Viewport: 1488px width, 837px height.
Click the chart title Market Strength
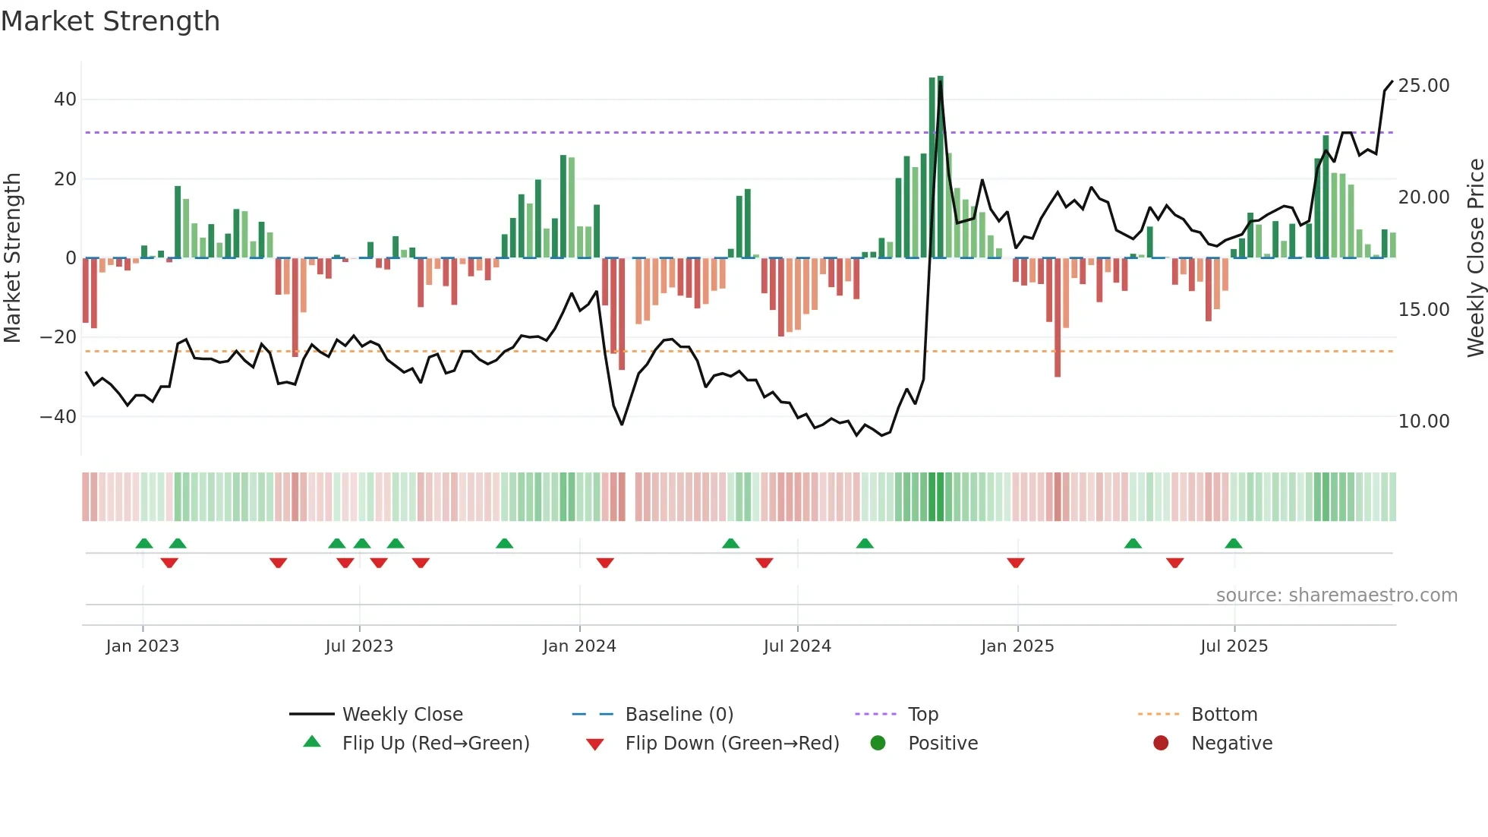[110, 21]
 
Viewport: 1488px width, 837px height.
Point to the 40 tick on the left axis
[65, 99]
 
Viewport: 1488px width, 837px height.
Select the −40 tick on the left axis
[58, 417]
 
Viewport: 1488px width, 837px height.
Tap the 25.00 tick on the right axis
[1423, 86]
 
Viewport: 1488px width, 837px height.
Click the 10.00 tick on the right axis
[1423, 422]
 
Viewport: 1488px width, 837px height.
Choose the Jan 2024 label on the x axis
[579, 646]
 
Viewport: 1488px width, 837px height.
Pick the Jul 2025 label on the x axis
[1234, 646]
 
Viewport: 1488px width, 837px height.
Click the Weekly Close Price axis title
[1475, 258]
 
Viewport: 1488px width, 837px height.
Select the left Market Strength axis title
[13, 258]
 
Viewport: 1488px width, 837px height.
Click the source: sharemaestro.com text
[1336, 595]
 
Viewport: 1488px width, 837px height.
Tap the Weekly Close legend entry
[402, 715]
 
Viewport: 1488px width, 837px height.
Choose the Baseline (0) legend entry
[679, 715]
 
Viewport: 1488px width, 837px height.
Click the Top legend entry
[923, 715]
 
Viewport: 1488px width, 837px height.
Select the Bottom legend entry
[1224, 715]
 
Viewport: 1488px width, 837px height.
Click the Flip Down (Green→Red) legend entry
[732, 744]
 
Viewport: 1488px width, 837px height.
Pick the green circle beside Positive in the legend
[878, 744]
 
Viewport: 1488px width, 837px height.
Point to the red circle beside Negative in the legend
[1161, 744]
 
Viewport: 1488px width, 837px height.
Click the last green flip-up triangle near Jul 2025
[1234, 544]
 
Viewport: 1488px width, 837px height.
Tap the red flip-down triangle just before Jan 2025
[1016, 563]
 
